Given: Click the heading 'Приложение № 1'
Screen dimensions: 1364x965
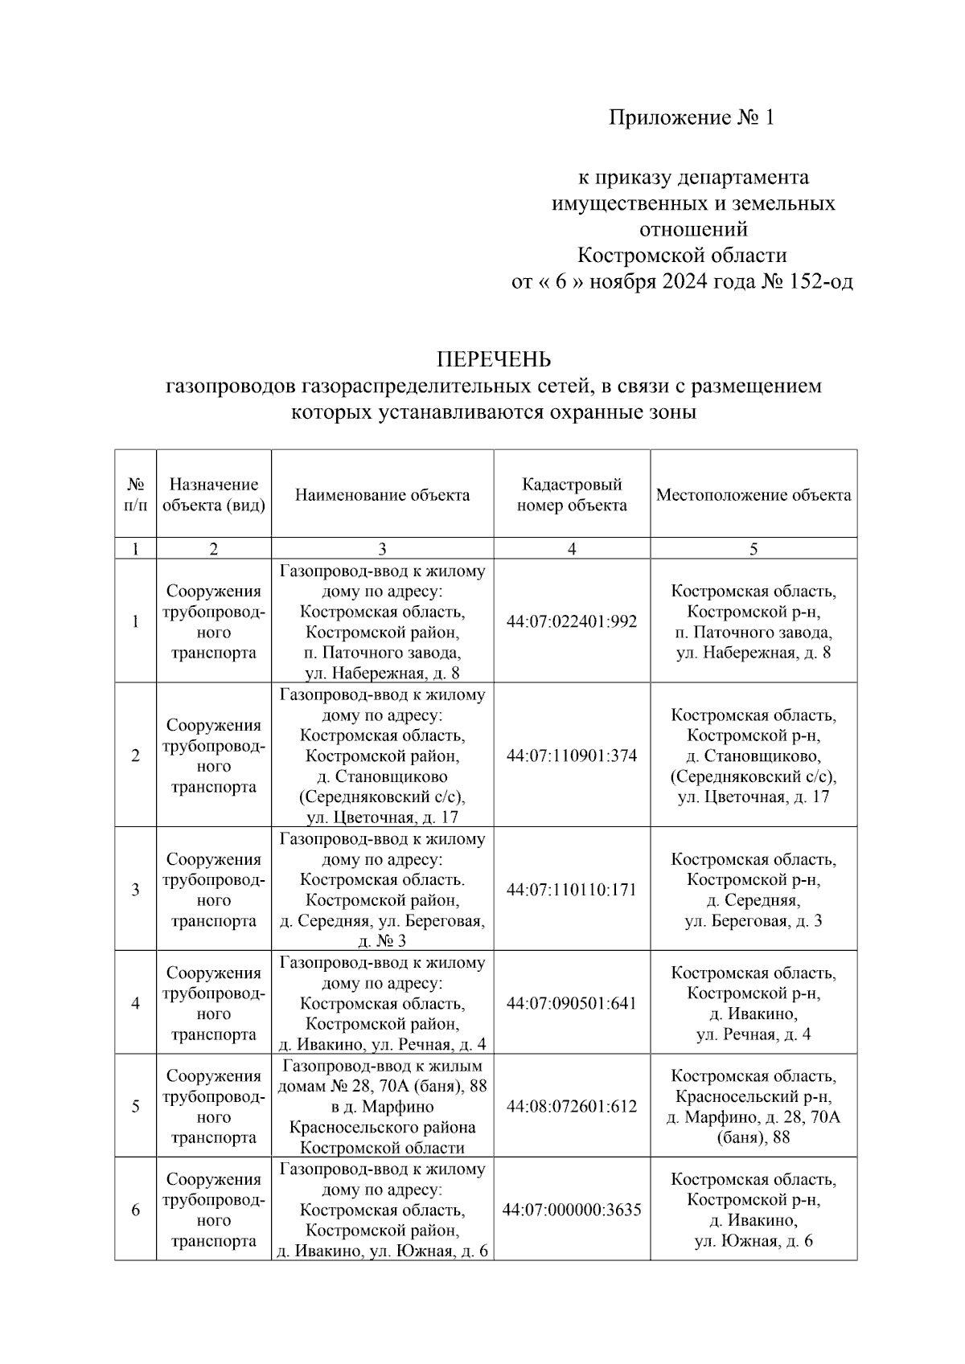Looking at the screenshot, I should [692, 118].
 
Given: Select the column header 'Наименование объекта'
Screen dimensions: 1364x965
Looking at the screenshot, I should [382, 495].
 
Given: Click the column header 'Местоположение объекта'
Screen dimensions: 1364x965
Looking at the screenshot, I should [754, 495].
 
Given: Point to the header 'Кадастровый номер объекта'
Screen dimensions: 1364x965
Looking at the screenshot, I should [572, 495].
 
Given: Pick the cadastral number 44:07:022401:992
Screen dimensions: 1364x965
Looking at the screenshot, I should [572, 621].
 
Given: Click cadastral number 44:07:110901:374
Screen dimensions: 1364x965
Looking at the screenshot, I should [572, 756].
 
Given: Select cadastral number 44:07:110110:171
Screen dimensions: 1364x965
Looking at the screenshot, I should [572, 890].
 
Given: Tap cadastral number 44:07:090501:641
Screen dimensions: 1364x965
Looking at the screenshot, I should [572, 1003].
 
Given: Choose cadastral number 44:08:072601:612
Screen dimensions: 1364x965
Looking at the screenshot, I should [572, 1106].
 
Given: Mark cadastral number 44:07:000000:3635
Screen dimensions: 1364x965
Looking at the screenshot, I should [572, 1209].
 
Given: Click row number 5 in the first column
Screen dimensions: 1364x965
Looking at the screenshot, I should [135, 1106].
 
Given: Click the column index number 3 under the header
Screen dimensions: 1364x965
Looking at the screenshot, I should [382, 549].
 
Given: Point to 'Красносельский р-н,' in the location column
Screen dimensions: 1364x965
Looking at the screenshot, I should [754, 1096].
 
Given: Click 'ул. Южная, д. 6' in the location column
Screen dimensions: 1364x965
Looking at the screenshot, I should [754, 1241].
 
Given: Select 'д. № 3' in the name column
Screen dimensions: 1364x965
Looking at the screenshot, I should [382, 941].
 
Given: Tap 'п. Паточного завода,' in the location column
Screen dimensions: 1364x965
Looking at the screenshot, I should [754, 633].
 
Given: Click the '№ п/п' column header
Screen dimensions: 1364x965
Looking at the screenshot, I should [135, 495].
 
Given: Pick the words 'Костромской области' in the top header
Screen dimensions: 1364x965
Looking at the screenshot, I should [682, 256].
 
